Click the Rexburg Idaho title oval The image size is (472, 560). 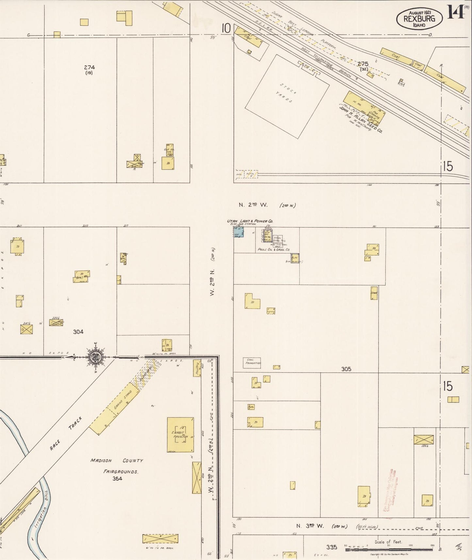(419, 19)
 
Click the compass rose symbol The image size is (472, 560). (96, 357)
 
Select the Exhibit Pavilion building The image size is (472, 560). (180, 435)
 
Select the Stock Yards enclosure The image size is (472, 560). (287, 96)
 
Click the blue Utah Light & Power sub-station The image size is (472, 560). (238, 232)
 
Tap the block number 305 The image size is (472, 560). (346, 369)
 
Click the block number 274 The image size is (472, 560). (89, 67)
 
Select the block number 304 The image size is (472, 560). (78, 332)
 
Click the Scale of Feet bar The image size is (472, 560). (389, 550)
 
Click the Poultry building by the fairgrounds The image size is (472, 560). (197, 368)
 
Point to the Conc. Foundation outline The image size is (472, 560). (252, 363)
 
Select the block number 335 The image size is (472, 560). (332, 547)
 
